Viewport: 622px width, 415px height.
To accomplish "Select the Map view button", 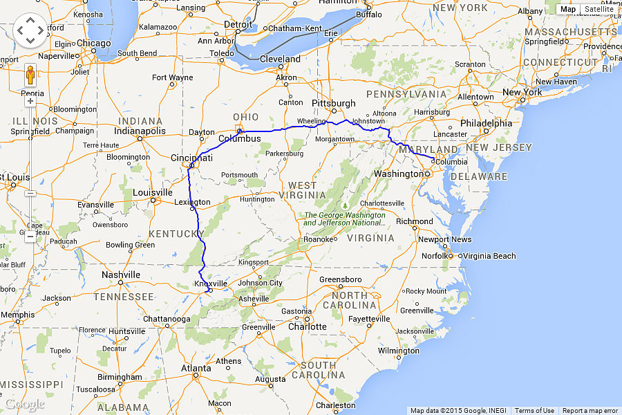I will coord(568,9).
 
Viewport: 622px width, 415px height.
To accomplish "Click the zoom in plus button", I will coord(30,101).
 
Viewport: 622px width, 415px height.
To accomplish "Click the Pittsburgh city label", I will coord(334,103).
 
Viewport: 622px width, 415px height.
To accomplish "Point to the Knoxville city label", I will coord(211,284).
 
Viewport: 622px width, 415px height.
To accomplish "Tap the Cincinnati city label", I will coord(192,158).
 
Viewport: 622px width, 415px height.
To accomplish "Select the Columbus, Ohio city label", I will coord(240,138).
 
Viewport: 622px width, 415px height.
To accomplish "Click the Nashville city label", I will coord(121,275).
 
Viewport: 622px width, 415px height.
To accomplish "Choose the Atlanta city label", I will coord(196,368).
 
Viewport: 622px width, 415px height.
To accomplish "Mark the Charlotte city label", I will coord(308,326).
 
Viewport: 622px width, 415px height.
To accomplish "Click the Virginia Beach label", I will coord(489,256).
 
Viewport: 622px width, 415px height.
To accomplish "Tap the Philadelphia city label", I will coord(487,123).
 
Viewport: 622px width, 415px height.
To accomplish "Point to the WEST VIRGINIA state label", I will coord(303,190).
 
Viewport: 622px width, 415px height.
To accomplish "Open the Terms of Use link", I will coord(534,411).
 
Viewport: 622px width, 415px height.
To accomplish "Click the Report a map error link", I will coord(590,411).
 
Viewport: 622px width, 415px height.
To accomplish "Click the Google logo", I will coord(24,404).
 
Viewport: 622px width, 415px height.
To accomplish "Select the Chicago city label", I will coord(94,43).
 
